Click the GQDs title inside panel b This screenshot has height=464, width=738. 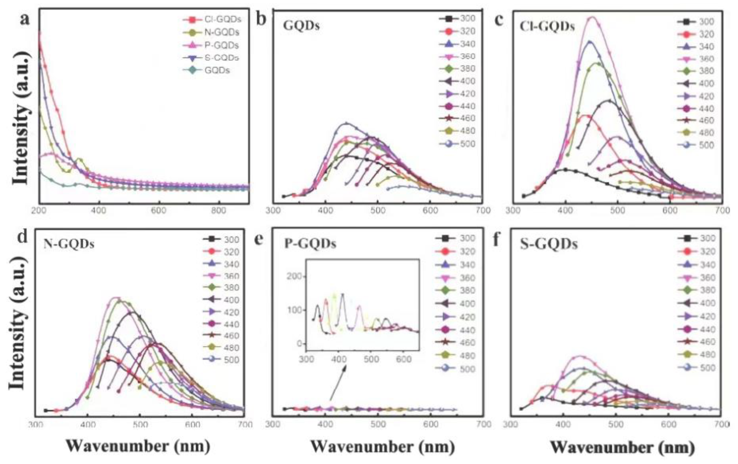(301, 26)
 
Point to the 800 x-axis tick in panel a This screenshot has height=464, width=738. (219, 211)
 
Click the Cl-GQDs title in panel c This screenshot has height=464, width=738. (547, 27)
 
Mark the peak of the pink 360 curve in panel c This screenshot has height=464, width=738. (592, 17)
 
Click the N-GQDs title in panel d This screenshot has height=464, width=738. (69, 244)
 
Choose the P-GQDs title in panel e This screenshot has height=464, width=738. (310, 244)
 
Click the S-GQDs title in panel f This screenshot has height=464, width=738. (549, 245)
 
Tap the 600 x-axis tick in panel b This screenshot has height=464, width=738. (430, 211)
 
